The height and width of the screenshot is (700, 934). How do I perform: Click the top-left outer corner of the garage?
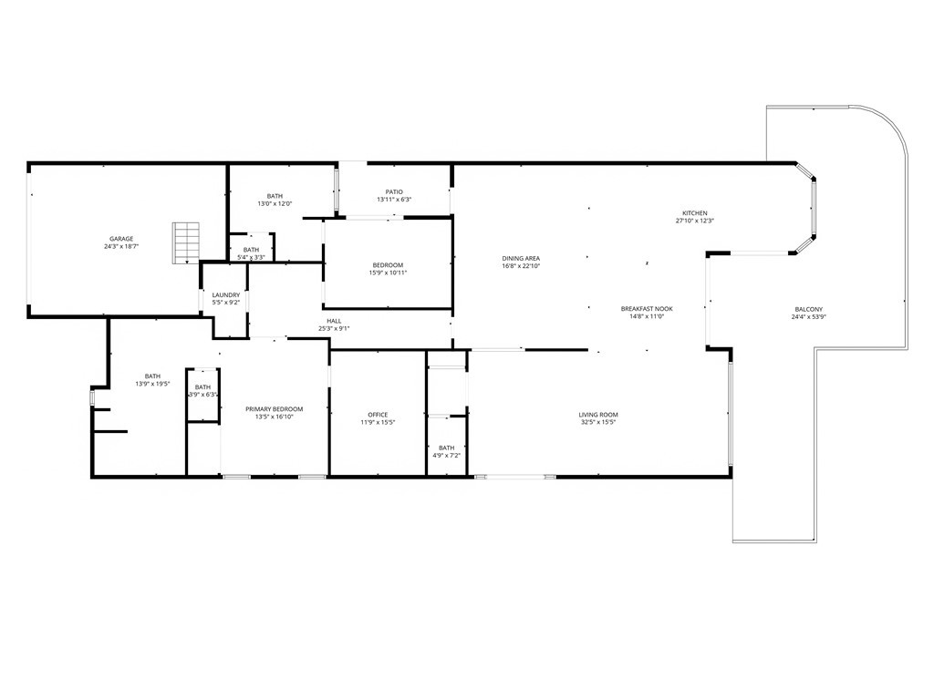[x=27, y=161]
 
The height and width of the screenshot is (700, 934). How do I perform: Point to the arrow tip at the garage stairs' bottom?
[x=187, y=262]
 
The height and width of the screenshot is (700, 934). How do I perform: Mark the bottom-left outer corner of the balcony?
[x=733, y=541]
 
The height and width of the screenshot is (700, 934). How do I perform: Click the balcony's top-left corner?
[x=766, y=108]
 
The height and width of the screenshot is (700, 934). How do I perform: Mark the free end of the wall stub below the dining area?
[x=588, y=350]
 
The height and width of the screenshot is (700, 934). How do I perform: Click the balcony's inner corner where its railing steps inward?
[x=816, y=350]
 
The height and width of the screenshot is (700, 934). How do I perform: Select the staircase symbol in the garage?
[x=186, y=242]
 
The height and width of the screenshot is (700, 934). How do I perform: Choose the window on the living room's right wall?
[x=730, y=414]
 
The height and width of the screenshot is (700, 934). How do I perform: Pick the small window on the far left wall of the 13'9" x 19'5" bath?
[x=92, y=397]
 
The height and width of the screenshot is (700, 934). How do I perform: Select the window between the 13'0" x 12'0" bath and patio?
[x=337, y=190]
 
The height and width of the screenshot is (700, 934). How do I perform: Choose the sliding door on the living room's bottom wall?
[x=515, y=477]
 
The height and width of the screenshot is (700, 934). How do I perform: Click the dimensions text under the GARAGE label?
[x=121, y=246]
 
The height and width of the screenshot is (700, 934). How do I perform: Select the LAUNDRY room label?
[x=226, y=294]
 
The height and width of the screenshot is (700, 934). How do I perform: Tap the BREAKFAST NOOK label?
[x=647, y=309]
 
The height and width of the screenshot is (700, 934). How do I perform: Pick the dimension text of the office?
[x=378, y=423]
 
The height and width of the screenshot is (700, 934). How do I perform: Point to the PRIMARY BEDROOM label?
[x=275, y=409]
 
